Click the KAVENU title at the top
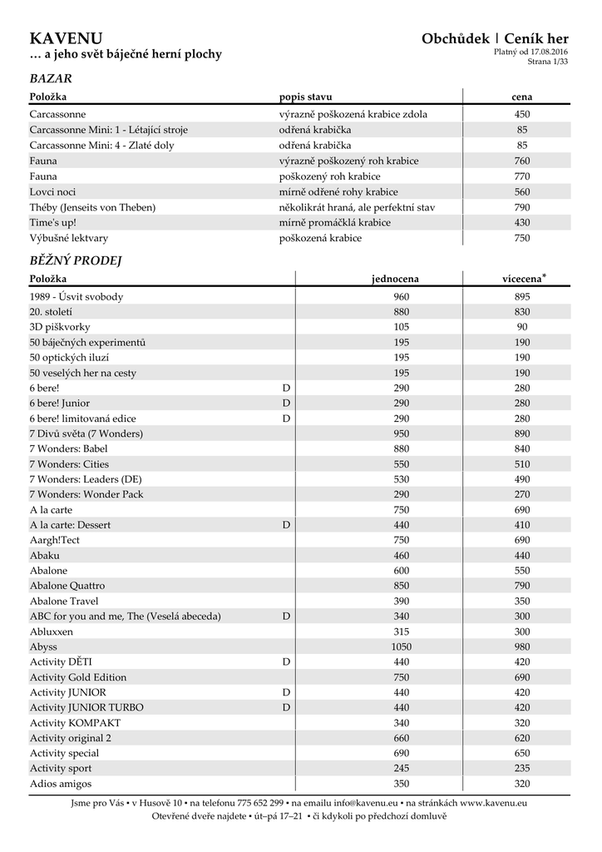click(x=67, y=38)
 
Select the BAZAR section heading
click(x=50, y=79)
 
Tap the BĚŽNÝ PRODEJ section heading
click(x=76, y=260)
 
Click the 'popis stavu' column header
click(x=305, y=97)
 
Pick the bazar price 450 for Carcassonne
click(x=522, y=115)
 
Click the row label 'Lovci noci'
click(x=52, y=191)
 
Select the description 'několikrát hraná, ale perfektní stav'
click(x=357, y=207)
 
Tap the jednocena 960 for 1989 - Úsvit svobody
click(x=402, y=297)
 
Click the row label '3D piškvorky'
click(x=60, y=327)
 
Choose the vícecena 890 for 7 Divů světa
click(x=522, y=433)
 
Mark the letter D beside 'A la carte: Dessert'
click(x=286, y=525)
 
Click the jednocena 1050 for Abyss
click(x=402, y=646)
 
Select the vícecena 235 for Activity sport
click(x=522, y=768)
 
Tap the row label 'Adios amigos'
click(x=61, y=784)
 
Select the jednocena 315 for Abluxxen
click(x=402, y=632)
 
